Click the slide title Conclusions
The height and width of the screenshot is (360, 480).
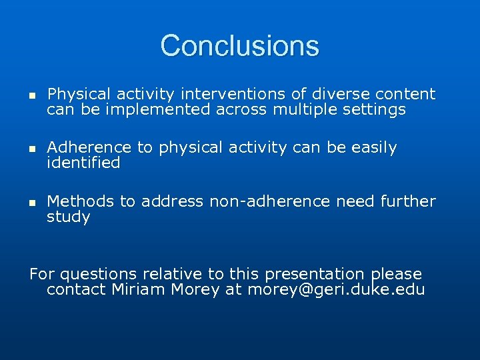239,46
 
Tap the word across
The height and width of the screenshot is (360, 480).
242,110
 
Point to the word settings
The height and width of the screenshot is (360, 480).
374,110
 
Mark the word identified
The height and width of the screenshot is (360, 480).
83,163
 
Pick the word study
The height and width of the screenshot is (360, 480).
68,217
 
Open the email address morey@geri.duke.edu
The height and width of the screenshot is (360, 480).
336,290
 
